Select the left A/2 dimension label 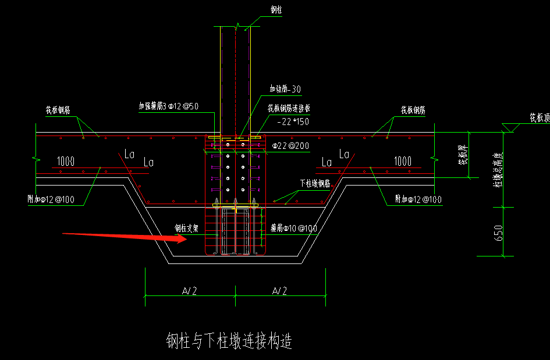[x=190, y=290]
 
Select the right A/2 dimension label [x=281, y=290]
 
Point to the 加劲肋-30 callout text [x=285, y=89]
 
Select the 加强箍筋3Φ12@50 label [x=169, y=106]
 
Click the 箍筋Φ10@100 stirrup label [x=294, y=229]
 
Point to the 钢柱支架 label [x=187, y=229]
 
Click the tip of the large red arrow [x=187, y=239]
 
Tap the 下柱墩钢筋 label [x=315, y=183]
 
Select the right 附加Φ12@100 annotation [x=417, y=199]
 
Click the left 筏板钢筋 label [x=58, y=110]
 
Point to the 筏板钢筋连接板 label [x=289, y=108]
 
